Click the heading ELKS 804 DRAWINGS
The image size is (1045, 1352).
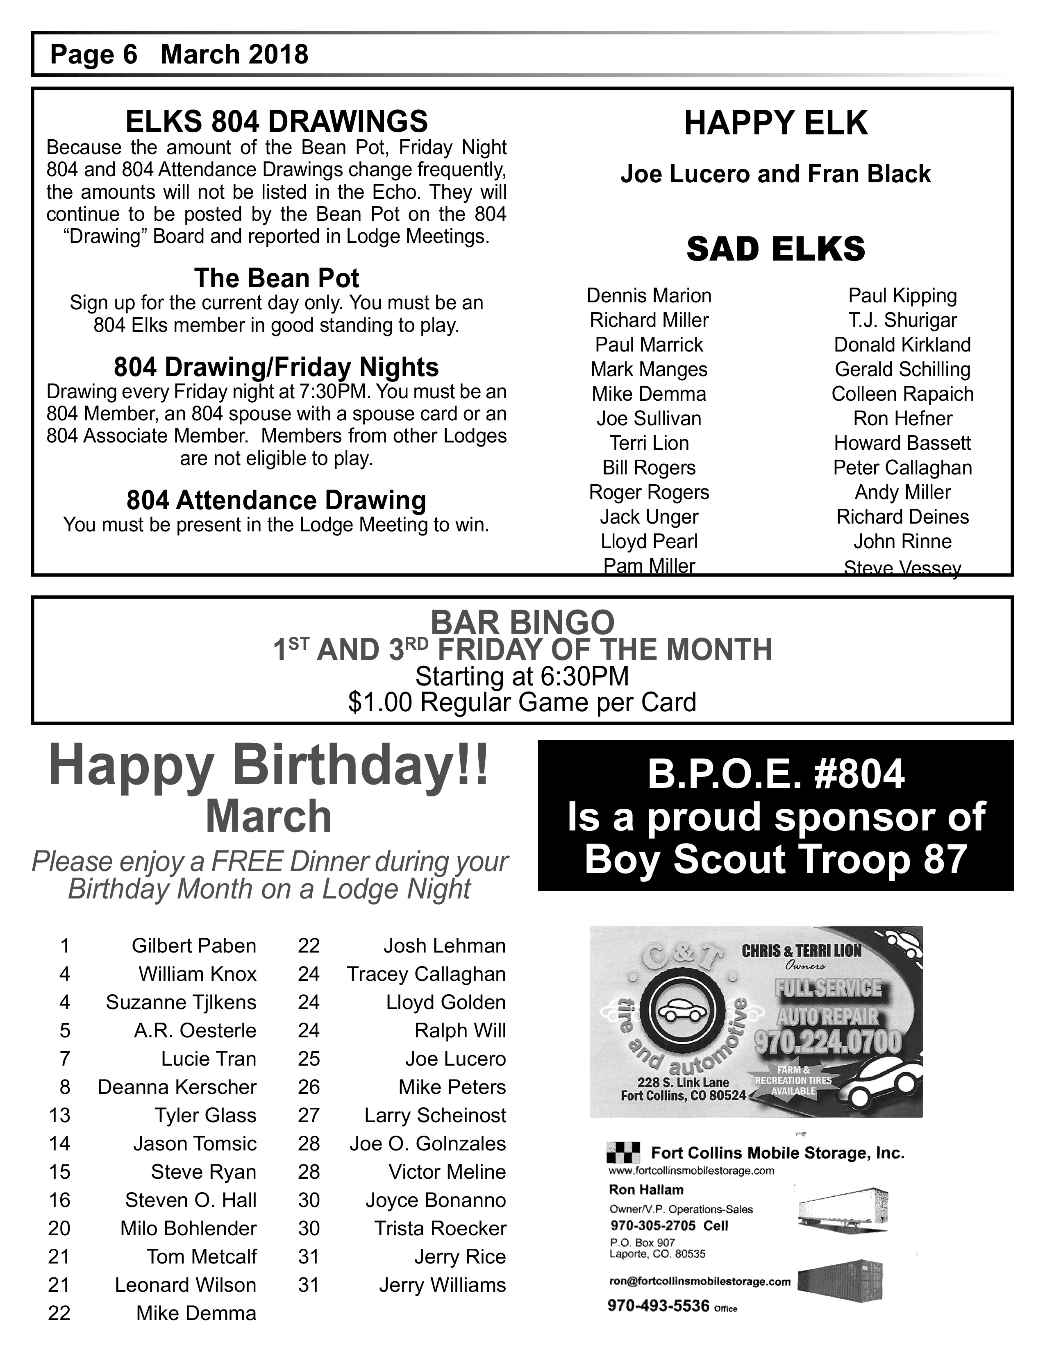[276, 121]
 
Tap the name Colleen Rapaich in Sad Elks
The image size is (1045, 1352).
[902, 394]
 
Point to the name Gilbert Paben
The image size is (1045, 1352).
[194, 946]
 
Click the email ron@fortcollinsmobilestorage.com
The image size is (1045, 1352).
[700, 1282]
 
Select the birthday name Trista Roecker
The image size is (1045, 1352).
[440, 1228]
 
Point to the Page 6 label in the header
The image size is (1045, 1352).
[93, 54]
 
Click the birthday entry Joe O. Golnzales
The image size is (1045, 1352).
[427, 1143]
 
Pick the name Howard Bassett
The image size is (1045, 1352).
[902, 443]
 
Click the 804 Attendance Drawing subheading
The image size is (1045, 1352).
[276, 500]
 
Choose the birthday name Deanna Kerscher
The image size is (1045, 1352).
[177, 1087]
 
